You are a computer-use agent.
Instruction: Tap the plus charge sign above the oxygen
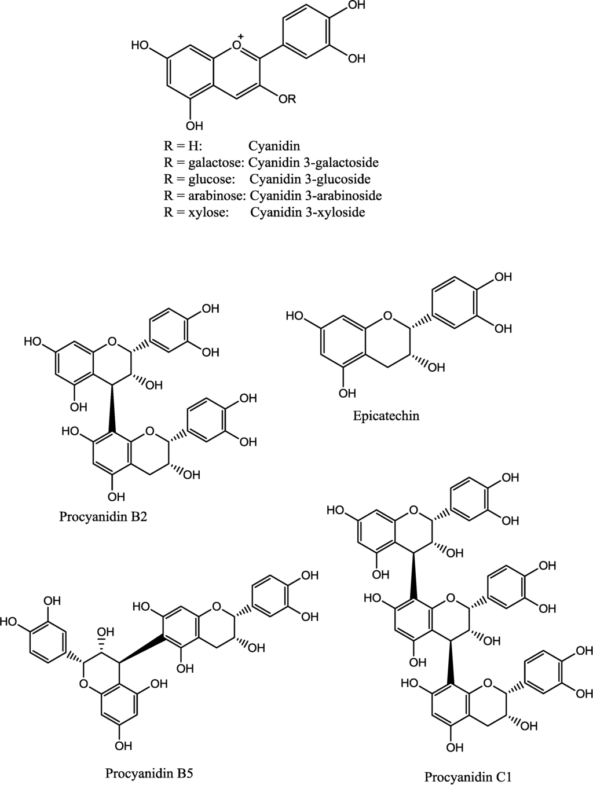click(241, 36)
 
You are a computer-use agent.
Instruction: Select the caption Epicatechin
click(386, 415)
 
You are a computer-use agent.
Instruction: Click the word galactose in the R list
click(215, 162)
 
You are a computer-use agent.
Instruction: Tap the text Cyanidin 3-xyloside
click(308, 212)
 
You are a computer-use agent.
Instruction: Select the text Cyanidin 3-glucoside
click(310, 179)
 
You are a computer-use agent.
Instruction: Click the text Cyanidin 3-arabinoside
click(315, 196)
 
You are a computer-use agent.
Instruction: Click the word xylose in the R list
click(208, 212)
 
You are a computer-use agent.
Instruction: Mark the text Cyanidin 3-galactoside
click(313, 162)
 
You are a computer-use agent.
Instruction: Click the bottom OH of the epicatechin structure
click(347, 394)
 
